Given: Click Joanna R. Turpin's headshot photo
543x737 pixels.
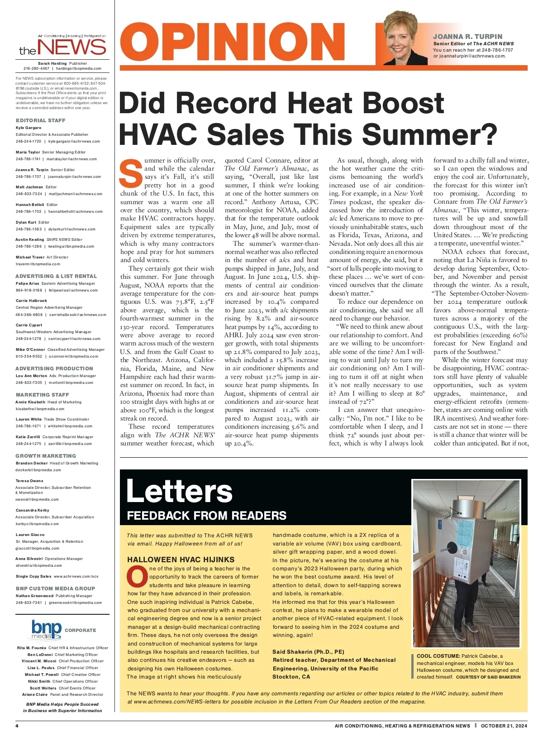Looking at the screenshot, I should click(x=405, y=40).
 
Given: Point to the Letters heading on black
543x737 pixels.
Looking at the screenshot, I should click(x=179, y=491).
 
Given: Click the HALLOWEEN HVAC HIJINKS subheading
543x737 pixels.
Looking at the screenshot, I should click(x=181, y=560).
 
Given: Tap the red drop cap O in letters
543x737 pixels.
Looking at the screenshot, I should click(x=137, y=577).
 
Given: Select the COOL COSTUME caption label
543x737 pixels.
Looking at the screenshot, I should click(x=438, y=656).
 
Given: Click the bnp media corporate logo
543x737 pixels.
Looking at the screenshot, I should click(x=46, y=629).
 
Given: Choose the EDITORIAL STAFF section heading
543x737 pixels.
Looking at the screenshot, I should click(x=41, y=120).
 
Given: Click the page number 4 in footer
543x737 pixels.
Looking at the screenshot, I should click(x=17, y=726).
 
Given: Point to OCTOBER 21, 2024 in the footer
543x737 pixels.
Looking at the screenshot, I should click(x=504, y=726).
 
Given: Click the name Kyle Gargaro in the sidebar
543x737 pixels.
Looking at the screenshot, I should click(x=29, y=128).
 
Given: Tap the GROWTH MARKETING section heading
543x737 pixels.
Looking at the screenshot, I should click(x=46, y=456).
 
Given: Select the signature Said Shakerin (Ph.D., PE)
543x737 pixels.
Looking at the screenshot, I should click(x=308, y=652).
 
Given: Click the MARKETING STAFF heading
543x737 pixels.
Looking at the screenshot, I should click(x=42, y=395).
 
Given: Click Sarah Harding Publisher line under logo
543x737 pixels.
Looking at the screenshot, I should click(x=62, y=63).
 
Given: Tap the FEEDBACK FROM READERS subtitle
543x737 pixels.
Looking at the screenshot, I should click(x=206, y=516).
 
